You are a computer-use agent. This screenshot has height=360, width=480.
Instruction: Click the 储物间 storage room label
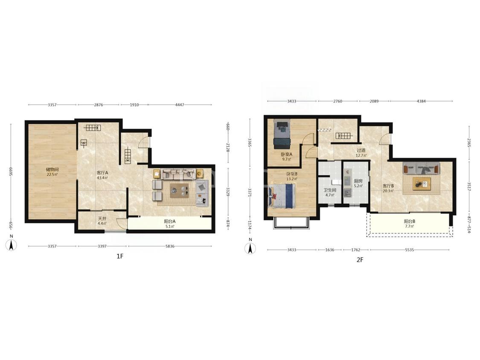pyautogui.click(x=52, y=169)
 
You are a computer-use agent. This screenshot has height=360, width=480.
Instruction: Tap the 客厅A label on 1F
pyautogui.click(x=102, y=173)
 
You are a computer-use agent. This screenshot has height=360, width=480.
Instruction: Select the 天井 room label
pyautogui.click(x=102, y=218)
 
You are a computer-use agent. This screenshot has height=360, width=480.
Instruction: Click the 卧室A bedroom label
pyautogui.click(x=287, y=154)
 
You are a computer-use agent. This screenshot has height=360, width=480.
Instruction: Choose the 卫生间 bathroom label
pyautogui.click(x=330, y=190)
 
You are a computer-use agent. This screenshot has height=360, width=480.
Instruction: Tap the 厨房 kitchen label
pyautogui.click(x=358, y=181)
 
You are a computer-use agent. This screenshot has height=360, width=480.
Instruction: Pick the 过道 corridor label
pyautogui.click(x=361, y=150)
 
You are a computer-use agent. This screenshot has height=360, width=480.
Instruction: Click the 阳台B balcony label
pyautogui.click(x=410, y=221)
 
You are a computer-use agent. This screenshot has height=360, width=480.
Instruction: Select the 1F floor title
pyautogui.click(x=120, y=256)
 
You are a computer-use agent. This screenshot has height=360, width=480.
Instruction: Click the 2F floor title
pyautogui.click(x=360, y=260)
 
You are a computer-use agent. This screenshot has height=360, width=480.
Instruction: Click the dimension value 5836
pyautogui.click(x=170, y=246)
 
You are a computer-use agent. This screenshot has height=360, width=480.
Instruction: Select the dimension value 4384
pyautogui.click(x=421, y=101)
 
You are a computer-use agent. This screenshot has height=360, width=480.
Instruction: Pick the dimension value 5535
pyautogui.click(x=410, y=250)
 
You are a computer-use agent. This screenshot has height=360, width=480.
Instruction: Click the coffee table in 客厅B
pyautogui.click(x=422, y=184)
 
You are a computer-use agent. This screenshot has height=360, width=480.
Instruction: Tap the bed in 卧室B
pyautogui.click(x=282, y=196)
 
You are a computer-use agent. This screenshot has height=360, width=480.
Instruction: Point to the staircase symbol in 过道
pyautogui.click(x=344, y=136)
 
